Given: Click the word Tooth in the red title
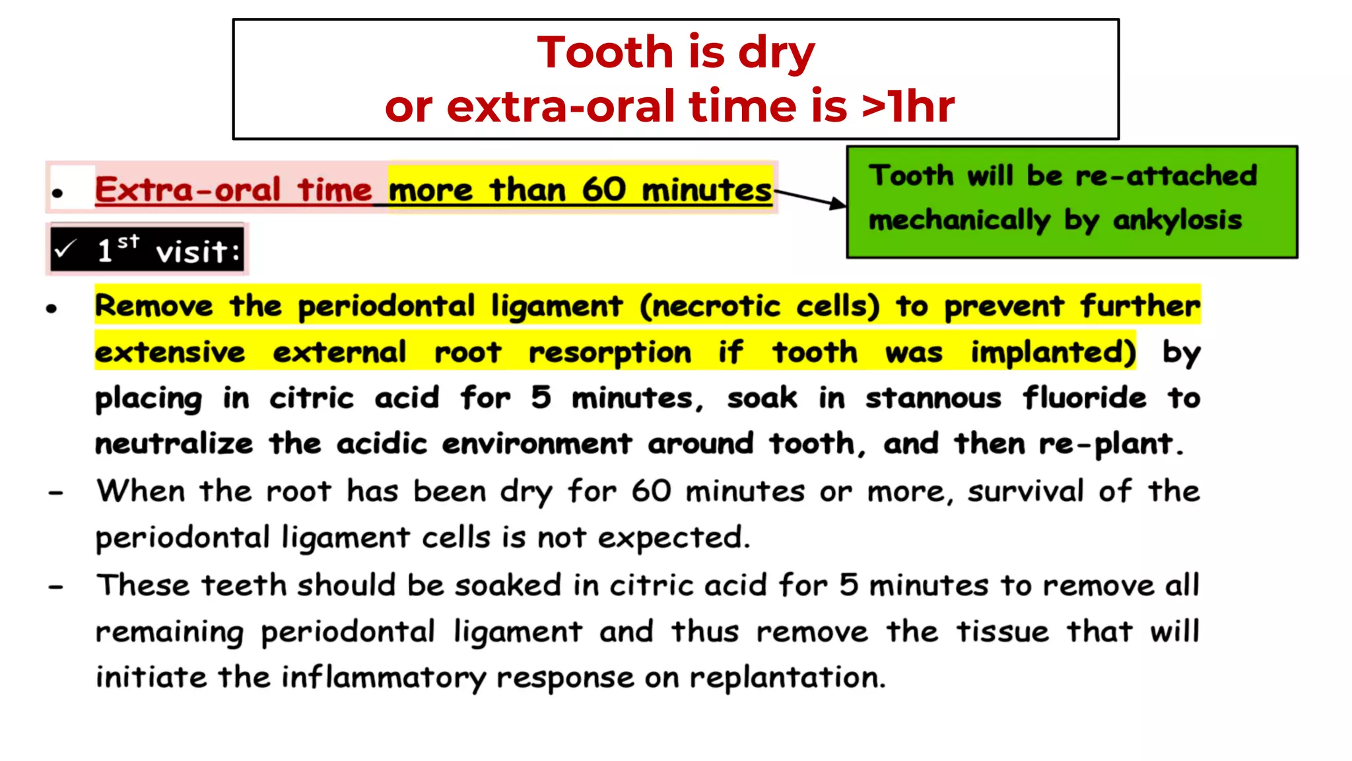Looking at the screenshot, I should pyautogui.click(x=604, y=52).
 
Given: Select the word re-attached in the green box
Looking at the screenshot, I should pyautogui.click(x=1166, y=176).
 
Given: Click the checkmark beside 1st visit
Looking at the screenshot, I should pyautogui.click(x=65, y=250).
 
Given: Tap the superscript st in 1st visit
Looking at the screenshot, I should pyautogui.click(x=129, y=241).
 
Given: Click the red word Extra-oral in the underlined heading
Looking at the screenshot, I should pyautogui.click(x=187, y=190).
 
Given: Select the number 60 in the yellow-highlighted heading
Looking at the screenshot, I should pyautogui.click(x=603, y=190).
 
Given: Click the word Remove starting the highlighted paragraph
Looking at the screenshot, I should pyautogui.click(x=154, y=306).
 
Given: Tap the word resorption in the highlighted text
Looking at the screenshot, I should pyautogui.click(x=609, y=353).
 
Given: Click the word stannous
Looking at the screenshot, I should pyautogui.click(x=933, y=398).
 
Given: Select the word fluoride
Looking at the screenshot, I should pyautogui.click(x=1084, y=398).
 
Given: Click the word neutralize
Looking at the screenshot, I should pyautogui.click(x=174, y=444).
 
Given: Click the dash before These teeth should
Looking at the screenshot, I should pyautogui.click(x=56, y=586).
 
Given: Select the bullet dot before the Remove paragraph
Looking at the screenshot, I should pyautogui.click(x=52, y=308).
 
